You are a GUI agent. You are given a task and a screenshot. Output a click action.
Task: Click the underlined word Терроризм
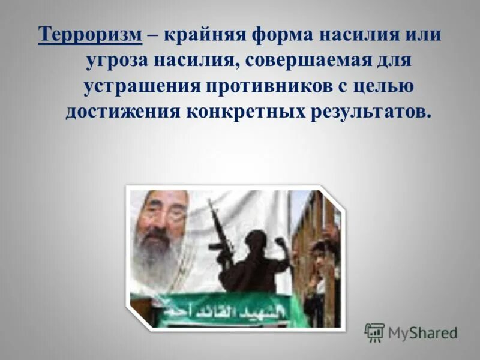click(91, 35)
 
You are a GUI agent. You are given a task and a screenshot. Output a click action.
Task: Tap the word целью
click(375, 86)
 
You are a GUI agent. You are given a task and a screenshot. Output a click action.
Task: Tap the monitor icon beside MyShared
click(374, 332)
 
